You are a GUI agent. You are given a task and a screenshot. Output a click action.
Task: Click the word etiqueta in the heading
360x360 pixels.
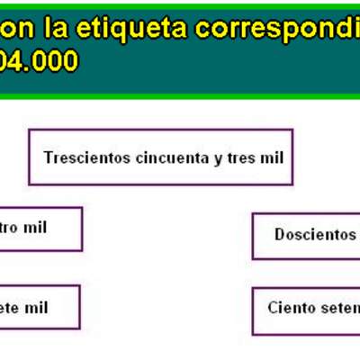136,29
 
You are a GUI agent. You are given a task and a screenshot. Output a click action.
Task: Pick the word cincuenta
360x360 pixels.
171,157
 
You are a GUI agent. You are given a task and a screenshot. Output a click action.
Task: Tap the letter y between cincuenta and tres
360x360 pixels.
218,158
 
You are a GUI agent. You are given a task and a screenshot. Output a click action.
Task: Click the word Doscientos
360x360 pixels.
315,235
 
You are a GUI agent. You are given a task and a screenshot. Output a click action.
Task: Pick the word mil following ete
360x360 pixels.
36,308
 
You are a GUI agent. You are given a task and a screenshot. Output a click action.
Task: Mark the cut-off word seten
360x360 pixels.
339,308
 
